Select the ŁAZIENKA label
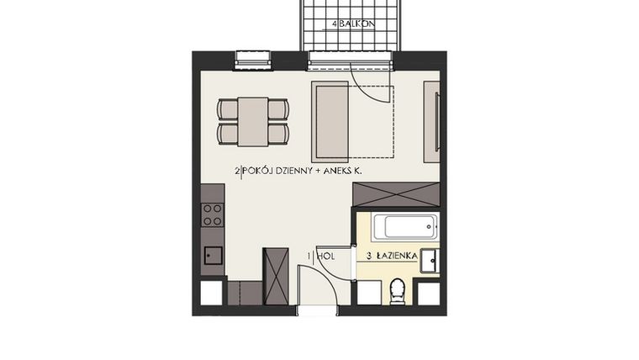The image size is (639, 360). point(392,255)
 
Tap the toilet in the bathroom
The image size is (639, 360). point(399,291)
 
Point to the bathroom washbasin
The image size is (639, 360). point(429,260)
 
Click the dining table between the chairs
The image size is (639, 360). point(252,121)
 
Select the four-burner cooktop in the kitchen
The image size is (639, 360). point(213,214)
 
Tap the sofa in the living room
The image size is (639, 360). point(330,121)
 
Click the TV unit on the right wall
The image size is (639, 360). point(431,121)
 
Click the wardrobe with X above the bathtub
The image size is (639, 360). point(395,193)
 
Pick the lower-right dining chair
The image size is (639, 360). point(278,133)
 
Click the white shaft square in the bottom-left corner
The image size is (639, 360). point(212,293)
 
